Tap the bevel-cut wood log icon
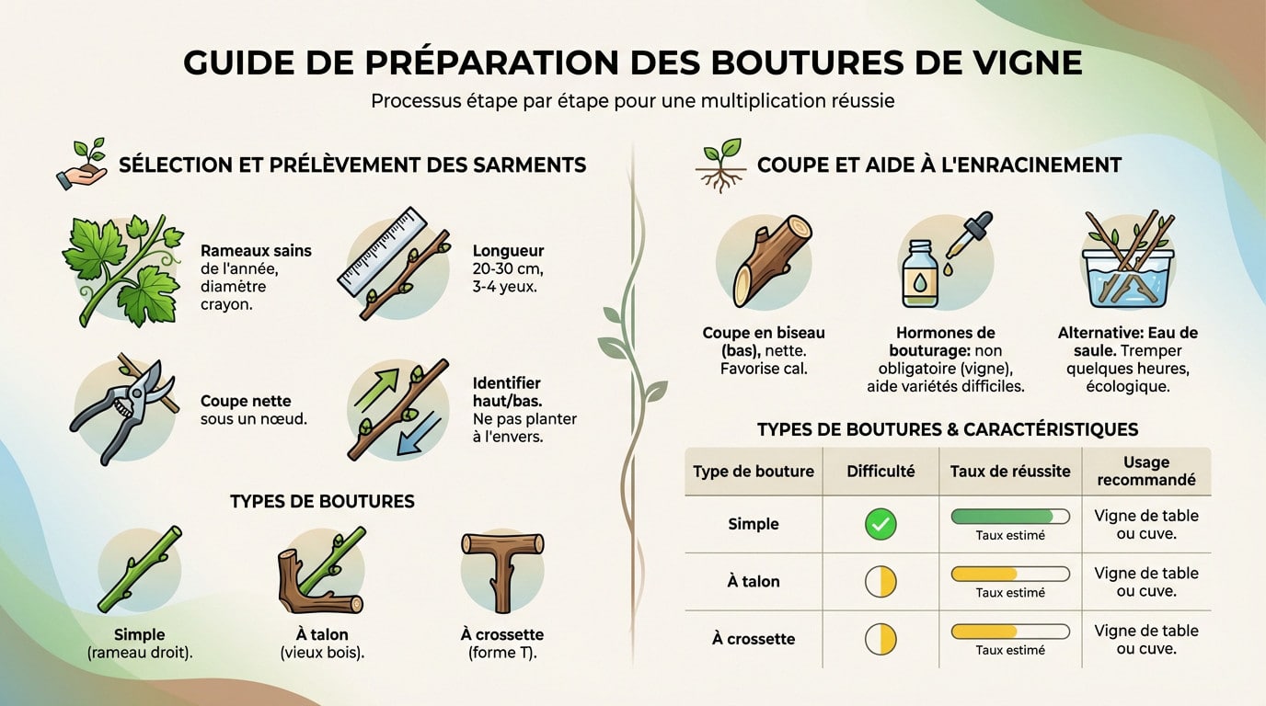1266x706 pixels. click(x=765, y=261)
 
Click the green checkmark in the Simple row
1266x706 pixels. click(x=880, y=525)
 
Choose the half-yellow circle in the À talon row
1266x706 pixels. click(x=880, y=582)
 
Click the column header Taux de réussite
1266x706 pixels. click(x=1009, y=472)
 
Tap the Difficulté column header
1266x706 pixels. click(x=880, y=472)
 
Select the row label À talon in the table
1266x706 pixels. click(x=753, y=582)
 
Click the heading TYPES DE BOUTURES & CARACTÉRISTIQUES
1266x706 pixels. click(x=947, y=429)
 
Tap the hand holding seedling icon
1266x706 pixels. click(x=81, y=165)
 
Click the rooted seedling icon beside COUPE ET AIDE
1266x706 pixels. click(x=719, y=165)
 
